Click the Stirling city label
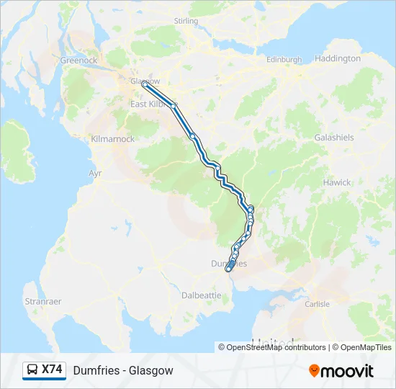(x=186, y=22)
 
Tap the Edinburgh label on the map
(x=284, y=59)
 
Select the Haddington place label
(x=338, y=58)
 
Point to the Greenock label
(x=79, y=61)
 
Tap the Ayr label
(x=95, y=174)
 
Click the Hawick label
(x=337, y=182)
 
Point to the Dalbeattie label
(x=202, y=295)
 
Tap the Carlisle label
(x=318, y=304)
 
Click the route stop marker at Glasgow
(x=145, y=84)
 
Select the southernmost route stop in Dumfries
(x=228, y=269)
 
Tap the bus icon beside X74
(x=32, y=370)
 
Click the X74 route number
(x=52, y=370)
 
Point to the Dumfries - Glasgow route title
(x=123, y=370)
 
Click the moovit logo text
(x=348, y=371)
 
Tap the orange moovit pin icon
(x=314, y=371)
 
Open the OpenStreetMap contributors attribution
(x=272, y=347)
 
